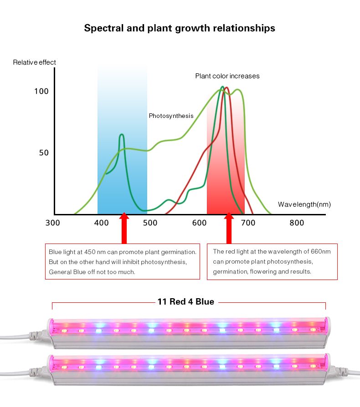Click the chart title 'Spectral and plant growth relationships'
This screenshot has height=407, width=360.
click(x=180, y=28)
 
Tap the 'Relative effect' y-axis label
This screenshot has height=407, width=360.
click(x=35, y=62)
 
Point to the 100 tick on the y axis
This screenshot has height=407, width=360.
click(x=41, y=91)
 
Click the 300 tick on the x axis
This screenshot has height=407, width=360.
click(x=53, y=223)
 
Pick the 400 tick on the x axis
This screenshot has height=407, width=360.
click(x=101, y=223)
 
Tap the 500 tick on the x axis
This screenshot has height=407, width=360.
click(x=150, y=223)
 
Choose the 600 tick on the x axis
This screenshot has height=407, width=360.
click(x=199, y=223)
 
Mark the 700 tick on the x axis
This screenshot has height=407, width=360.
click(x=248, y=223)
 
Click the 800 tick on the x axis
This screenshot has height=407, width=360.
click(x=297, y=223)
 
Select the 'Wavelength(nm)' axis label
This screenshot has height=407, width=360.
click(x=304, y=204)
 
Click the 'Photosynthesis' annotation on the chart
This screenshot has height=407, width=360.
click(x=171, y=116)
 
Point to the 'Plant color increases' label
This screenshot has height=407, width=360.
click(x=227, y=76)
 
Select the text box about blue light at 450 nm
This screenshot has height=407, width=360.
click(x=123, y=261)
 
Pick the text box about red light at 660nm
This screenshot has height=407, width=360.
click(x=273, y=261)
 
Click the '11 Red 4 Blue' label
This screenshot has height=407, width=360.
click(x=186, y=301)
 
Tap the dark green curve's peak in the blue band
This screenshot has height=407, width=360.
click(x=122, y=135)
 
